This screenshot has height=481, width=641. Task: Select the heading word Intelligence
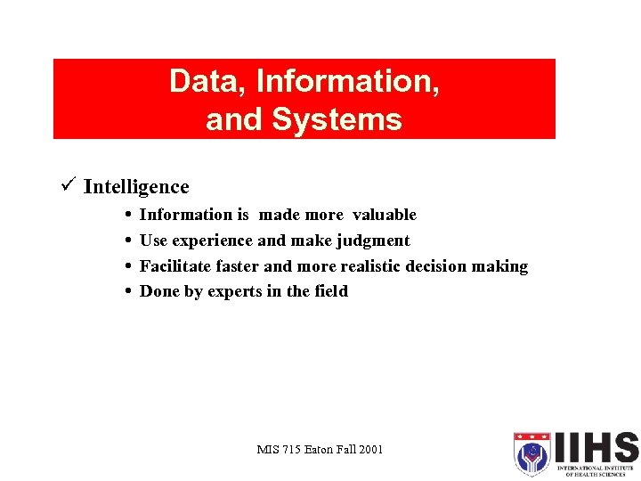point(136,186)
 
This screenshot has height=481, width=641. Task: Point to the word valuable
point(384,215)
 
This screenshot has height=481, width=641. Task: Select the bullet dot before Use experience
point(130,240)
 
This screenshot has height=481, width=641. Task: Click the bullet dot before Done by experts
point(130,291)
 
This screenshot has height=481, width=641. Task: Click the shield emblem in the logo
point(531,454)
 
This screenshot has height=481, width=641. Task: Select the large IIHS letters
point(596,447)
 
